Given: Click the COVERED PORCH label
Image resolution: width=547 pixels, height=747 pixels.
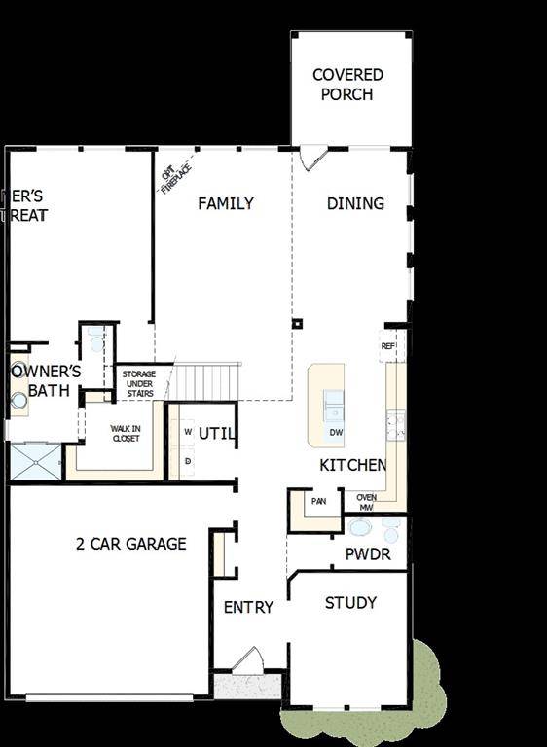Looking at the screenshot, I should click(347, 85).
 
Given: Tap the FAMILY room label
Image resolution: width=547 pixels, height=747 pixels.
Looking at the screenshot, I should click(226, 203).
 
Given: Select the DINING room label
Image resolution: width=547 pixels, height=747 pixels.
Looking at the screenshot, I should click(355, 203).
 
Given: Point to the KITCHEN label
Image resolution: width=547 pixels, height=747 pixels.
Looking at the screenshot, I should click(353, 466).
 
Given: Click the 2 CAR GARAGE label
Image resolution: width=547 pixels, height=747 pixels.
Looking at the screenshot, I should click(130, 544).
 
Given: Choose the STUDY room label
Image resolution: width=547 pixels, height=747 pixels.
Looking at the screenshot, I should click(350, 603).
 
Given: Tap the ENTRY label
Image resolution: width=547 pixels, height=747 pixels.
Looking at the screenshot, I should click(248, 608).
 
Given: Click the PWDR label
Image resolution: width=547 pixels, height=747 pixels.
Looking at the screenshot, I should click(368, 555).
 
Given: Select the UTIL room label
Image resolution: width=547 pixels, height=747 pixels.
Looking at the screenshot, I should click(216, 434).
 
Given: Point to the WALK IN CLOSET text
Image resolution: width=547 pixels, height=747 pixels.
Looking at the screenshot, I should click(125, 433).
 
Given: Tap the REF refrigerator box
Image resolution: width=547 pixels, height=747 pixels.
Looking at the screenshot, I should click(388, 346).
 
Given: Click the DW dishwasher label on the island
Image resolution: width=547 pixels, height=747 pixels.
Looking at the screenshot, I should click(335, 432).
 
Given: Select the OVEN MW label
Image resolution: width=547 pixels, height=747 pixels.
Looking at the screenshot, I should click(366, 502).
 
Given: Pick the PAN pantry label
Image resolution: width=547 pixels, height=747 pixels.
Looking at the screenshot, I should click(318, 502).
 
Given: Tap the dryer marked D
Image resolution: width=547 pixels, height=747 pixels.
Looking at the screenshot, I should click(187, 459).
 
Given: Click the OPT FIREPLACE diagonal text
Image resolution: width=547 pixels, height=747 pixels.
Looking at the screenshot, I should click(176, 178).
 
